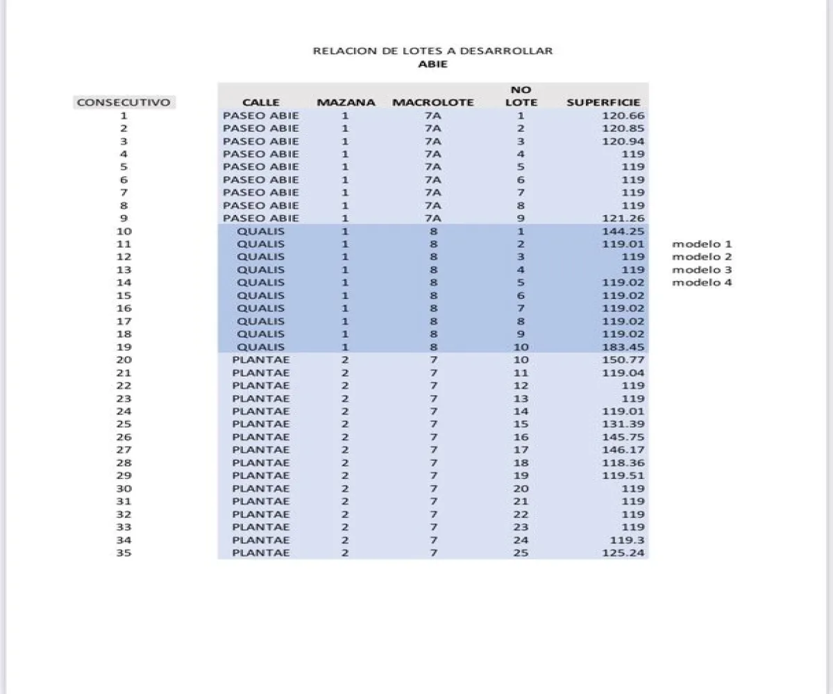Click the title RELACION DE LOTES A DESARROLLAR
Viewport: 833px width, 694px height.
pyautogui.click(x=432, y=51)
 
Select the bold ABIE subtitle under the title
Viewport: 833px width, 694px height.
pyautogui.click(x=432, y=64)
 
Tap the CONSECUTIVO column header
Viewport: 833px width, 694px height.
pyautogui.click(x=123, y=103)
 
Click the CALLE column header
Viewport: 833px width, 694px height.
pyautogui.click(x=261, y=103)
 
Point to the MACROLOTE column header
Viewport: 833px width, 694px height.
pyautogui.click(x=432, y=103)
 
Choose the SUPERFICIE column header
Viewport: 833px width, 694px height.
pyautogui.click(x=603, y=103)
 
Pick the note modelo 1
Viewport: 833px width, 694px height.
pyautogui.click(x=702, y=244)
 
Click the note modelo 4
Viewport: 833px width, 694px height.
pyautogui.click(x=702, y=282)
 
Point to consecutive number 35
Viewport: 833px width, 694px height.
pyautogui.click(x=124, y=553)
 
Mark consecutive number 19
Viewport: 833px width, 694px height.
pyautogui.click(x=124, y=347)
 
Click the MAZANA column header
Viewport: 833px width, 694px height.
pyautogui.click(x=346, y=103)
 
